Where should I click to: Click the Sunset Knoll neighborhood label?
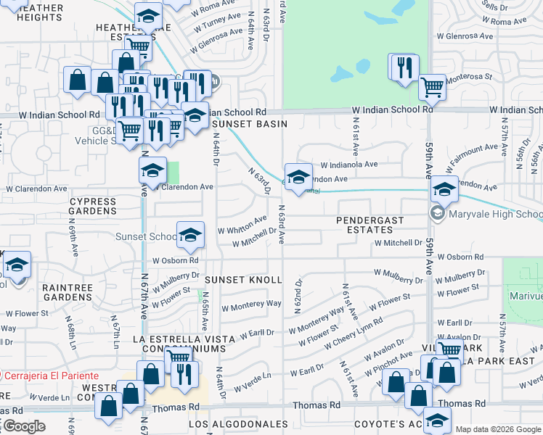click(x=242, y=280)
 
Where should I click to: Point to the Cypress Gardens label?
click(x=92, y=206)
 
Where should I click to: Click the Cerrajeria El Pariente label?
click(x=51, y=376)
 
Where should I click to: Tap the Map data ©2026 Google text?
click(x=498, y=429)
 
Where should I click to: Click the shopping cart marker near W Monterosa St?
click(x=433, y=88)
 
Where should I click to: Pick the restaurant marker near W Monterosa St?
click(x=403, y=68)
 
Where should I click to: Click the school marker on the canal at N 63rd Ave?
click(x=298, y=176)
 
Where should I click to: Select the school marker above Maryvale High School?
click(x=444, y=190)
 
